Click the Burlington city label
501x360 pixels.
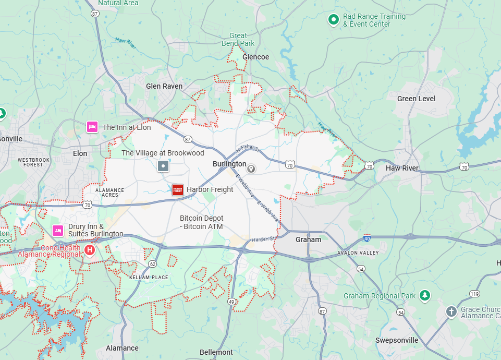(x=229, y=164)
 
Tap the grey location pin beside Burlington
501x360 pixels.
(x=251, y=168)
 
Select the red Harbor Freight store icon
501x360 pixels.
(x=178, y=189)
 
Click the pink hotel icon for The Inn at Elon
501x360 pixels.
(x=92, y=127)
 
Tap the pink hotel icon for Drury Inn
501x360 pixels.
(x=58, y=230)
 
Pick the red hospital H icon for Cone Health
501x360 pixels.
(x=90, y=251)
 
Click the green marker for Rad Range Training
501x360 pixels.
(x=333, y=20)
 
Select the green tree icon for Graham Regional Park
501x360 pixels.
(x=425, y=296)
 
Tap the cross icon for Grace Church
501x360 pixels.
(x=451, y=311)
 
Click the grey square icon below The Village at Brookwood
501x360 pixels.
(x=163, y=166)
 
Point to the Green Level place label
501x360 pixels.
(x=416, y=99)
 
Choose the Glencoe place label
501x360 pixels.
(x=255, y=57)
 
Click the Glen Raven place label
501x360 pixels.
(x=164, y=86)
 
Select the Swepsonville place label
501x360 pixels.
(x=397, y=340)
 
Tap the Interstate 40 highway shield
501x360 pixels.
(x=368, y=237)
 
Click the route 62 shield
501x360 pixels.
(x=152, y=264)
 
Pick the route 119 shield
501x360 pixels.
(x=474, y=294)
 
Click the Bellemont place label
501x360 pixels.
(x=216, y=352)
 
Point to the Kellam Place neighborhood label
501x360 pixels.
(x=149, y=277)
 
